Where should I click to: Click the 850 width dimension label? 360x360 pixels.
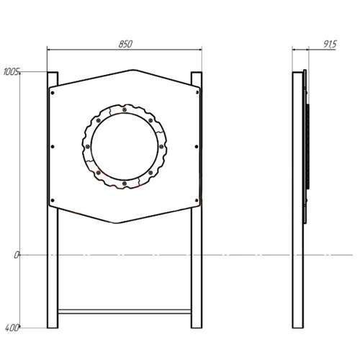click(125, 44)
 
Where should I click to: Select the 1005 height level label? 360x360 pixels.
click(11, 71)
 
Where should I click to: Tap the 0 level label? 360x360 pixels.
click(16, 255)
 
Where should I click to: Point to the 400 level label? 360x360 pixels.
click(12, 328)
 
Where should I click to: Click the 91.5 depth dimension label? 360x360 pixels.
click(330, 44)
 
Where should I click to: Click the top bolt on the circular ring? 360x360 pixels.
click(125, 110)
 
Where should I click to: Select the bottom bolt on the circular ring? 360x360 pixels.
click(125, 184)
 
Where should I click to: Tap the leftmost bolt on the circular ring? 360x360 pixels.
click(87, 146)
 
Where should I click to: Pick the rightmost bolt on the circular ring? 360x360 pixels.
click(161, 146)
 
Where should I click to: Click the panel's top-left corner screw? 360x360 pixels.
click(53, 93)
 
